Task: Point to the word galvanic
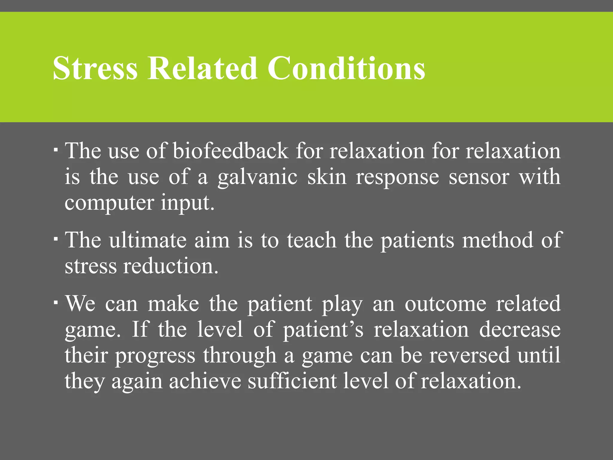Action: (x=257, y=178)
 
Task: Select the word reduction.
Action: (x=171, y=266)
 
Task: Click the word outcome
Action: (x=446, y=304)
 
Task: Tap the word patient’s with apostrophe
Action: (x=323, y=330)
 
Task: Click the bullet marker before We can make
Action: (x=56, y=302)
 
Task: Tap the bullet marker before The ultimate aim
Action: (x=56, y=239)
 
